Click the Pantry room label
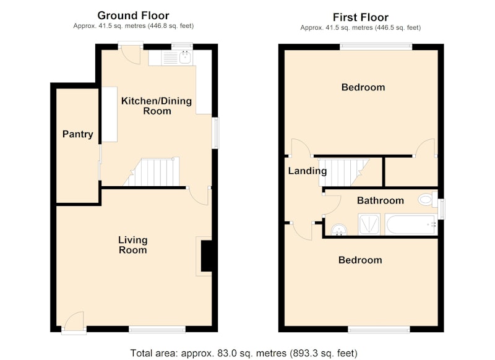[78, 134]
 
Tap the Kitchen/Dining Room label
[157, 106]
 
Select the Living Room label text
[132, 245]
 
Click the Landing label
[307, 171]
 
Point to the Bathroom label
[381, 200]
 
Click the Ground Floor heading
[133, 15]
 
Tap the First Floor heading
[361, 17]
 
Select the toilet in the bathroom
[428, 199]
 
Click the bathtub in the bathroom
[411, 225]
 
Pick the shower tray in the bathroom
[369, 225]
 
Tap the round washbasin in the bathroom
[338, 229]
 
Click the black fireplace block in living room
[207, 256]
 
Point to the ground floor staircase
[152, 171]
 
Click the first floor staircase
[344, 173]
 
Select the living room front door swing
[74, 322]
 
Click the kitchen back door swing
[131, 55]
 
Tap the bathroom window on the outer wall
[442, 208]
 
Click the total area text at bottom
[244, 353]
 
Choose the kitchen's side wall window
[215, 133]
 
